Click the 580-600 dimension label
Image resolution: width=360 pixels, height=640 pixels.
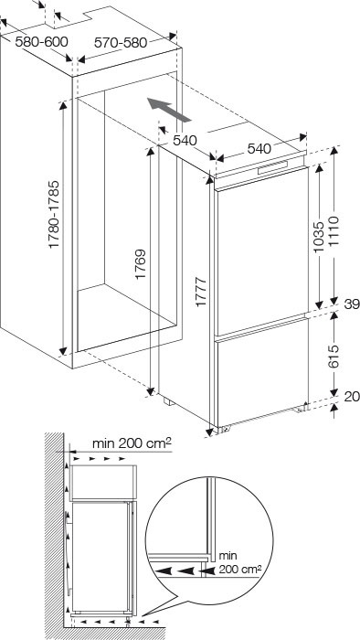(x=41, y=42)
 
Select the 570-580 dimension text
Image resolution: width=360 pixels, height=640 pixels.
(x=121, y=42)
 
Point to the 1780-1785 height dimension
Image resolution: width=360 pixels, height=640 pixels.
(x=54, y=214)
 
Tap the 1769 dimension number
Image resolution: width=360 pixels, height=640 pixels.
(x=141, y=263)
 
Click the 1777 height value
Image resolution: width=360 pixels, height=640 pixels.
(x=201, y=292)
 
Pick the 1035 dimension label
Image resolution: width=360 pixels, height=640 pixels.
(x=320, y=237)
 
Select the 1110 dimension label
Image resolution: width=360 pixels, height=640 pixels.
(x=334, y=231)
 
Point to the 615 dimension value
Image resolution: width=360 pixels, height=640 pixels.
(x=334, y=357)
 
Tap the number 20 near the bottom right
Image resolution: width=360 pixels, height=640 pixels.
(x=353, y=396)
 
